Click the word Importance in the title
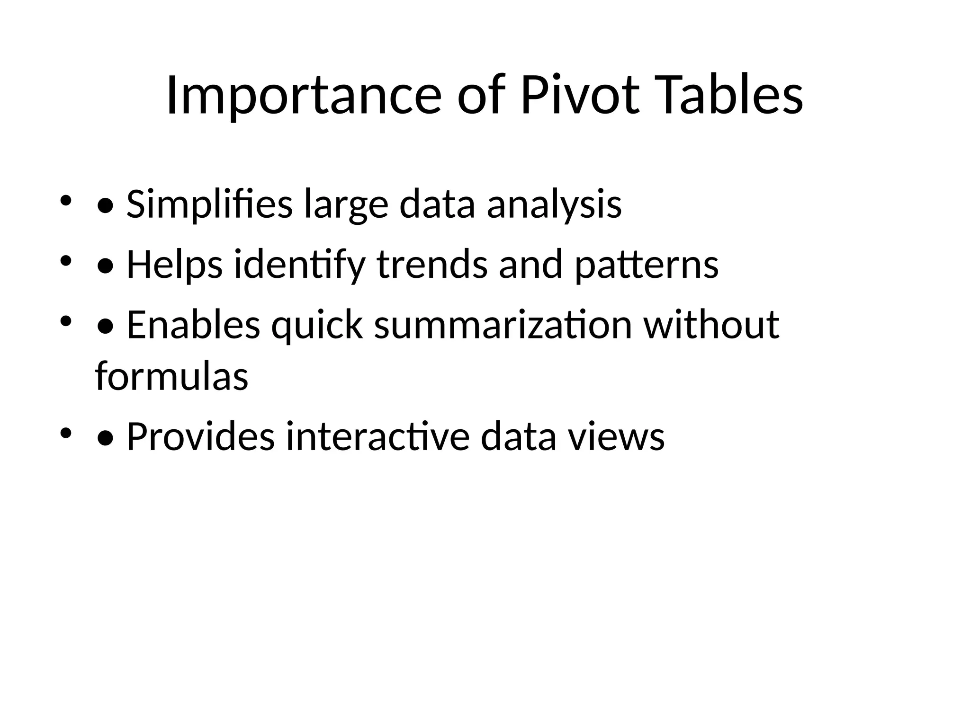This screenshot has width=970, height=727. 304,96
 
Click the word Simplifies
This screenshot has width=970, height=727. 209,204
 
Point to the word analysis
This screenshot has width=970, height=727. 554,204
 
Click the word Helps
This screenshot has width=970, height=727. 174,265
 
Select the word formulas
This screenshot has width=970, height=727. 171,376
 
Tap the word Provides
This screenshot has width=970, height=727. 200,436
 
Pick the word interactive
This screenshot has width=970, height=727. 377,436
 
